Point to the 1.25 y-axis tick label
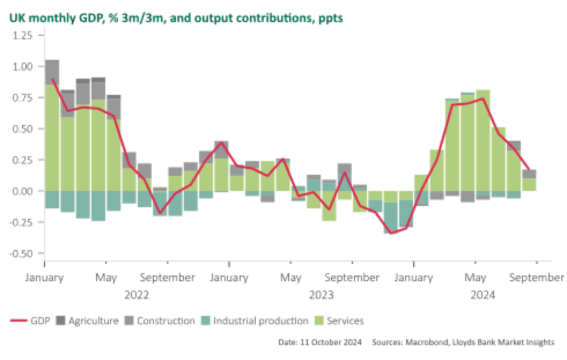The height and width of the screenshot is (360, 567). pos(22,35)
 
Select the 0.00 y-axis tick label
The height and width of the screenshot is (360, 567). pos(22,191)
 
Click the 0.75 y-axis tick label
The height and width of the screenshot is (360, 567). pos(22,98)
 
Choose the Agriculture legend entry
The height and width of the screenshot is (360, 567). pos(88,321)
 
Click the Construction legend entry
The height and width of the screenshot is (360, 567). pos(160,321)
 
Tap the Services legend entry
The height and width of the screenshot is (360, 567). pos(339,321)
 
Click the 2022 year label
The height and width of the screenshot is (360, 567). pos(137,295)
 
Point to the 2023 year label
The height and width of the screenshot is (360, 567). pos(321,295)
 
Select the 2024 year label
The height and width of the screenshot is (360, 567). pos(482,295)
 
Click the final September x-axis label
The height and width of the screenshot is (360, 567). pos(537,278)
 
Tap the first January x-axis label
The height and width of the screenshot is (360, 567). pos(44,278)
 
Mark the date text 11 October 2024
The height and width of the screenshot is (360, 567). pos(320,342)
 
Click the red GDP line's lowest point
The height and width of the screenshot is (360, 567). pos(391,233)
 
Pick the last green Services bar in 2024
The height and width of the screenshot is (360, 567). pos(529,184)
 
